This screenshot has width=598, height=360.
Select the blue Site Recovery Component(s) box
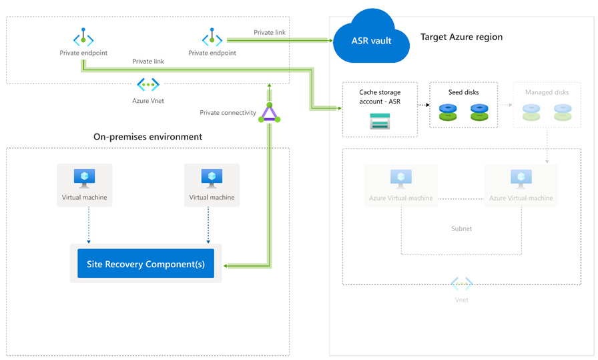click(x=145, y=264)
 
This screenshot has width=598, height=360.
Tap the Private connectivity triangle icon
click(x=268, y=113)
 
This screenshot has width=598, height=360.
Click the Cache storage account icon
click(x=379, y=121)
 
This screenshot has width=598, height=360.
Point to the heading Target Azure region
click(x=461, y=37)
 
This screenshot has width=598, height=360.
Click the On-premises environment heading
click(x=147, y=136)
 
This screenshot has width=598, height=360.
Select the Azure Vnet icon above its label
click(x=147, y=84)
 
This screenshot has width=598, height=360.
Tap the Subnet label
click(x=461, y=228)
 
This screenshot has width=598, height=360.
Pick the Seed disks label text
click(x=463, y=92)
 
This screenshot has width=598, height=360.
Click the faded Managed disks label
click(x=547, y=92)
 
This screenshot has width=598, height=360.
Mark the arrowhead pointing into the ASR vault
click(x=329, y=40)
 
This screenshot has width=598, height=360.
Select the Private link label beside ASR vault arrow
click(x=270, y=32)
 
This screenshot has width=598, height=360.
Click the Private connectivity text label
click(x=228, y=113)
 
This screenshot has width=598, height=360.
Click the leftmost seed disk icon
click(x=448, y=112)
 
